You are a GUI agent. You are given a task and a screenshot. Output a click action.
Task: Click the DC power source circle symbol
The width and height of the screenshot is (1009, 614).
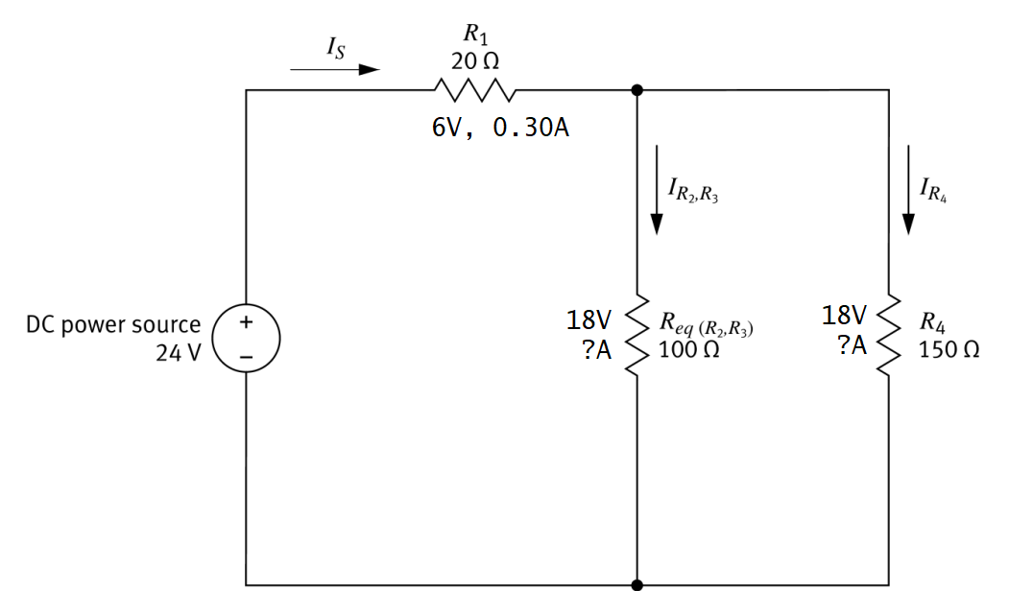click(x=246, y=339)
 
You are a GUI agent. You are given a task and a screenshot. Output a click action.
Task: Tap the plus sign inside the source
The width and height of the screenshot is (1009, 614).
click(x=246, y=323)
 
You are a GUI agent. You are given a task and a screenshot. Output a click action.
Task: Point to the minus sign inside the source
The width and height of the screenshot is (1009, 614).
click(x=246, y=356)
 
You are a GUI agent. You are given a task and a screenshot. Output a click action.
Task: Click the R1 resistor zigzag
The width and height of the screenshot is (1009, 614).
click(x=476, y=90)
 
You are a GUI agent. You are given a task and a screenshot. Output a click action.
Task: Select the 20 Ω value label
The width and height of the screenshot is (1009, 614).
click(x=474, y=60)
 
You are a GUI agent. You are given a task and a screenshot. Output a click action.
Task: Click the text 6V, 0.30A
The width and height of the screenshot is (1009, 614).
click(x=500, y=129)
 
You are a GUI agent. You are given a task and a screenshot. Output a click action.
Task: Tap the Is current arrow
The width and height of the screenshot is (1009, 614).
click(x=335, y=69)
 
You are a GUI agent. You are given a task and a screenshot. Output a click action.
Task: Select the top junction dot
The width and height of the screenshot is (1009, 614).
click(x=637, y=90)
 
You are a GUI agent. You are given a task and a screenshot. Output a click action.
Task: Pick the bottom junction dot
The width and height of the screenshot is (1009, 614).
click(x=637, y=584)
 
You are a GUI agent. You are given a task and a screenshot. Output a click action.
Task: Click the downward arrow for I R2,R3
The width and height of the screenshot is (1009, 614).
click(x=657, y=189)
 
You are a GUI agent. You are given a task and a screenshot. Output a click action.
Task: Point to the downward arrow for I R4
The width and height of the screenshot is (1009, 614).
click(x=908, y=189)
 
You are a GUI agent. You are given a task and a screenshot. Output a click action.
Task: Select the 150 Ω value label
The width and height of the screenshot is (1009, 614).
click(x=949, y=349)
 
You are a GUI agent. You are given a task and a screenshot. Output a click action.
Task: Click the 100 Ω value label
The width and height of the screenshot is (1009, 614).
click(x=689, y=349)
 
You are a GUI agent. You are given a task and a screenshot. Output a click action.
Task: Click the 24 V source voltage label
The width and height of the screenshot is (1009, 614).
click(x=179, y=352)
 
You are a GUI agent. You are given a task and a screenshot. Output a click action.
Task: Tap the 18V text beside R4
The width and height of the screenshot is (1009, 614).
click(x=845, y=315)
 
